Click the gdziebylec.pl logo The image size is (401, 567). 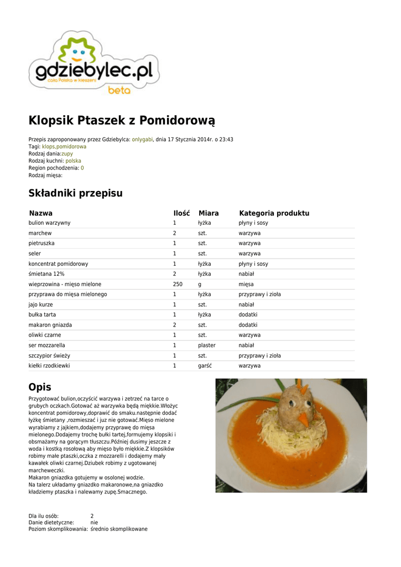[x=94, y=64]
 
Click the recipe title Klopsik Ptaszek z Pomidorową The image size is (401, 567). [x=122, y=120]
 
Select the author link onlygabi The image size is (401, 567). [x=142, y=140]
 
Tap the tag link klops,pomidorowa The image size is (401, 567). [x=64, y=147]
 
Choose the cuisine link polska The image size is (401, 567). [x=73, y=161]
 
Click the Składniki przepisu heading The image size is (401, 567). [x=76, y=193]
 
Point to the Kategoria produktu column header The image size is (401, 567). [x=274, y=213]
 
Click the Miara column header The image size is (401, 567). [x=209, y=213]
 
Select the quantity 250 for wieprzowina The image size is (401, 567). [x=178, y=284]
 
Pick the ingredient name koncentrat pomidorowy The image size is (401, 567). [x=59, y=264]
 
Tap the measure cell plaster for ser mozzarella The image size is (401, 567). [x=207, y=345]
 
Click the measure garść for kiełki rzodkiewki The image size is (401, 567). [x=205, y=365]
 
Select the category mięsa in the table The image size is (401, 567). [x=246, y=284]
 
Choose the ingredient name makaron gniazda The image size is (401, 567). [x=50, y=324]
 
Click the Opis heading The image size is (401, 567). [x=40, y=386]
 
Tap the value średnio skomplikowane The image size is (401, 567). [x=119, y=529]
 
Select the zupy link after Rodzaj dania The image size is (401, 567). [x=67, y=153]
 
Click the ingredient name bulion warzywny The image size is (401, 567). [x=50, y=223]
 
